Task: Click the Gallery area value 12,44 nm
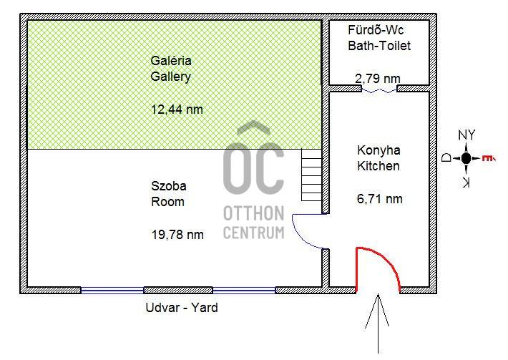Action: tap(177, 110)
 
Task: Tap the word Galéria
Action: tap(171, 61)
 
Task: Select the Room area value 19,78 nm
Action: tap(177, 234)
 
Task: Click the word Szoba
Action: tap(169, 186)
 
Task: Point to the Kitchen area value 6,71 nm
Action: tap(380, 199)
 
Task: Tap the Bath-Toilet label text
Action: tap(379, 45)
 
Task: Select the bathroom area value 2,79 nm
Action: tap(378, 78)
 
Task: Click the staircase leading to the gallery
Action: tap(311, 175)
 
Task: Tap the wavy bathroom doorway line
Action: tap(379, 91)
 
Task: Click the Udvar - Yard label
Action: tap(182, 308)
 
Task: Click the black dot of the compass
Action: tap(466, 158)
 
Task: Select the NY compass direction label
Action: tap(467, 135)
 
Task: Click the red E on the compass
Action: tap(488, 158)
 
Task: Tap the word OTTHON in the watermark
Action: tap(254, 213)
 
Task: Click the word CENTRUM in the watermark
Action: tap(254, 233)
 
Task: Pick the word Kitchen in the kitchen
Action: tap(378, 166)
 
